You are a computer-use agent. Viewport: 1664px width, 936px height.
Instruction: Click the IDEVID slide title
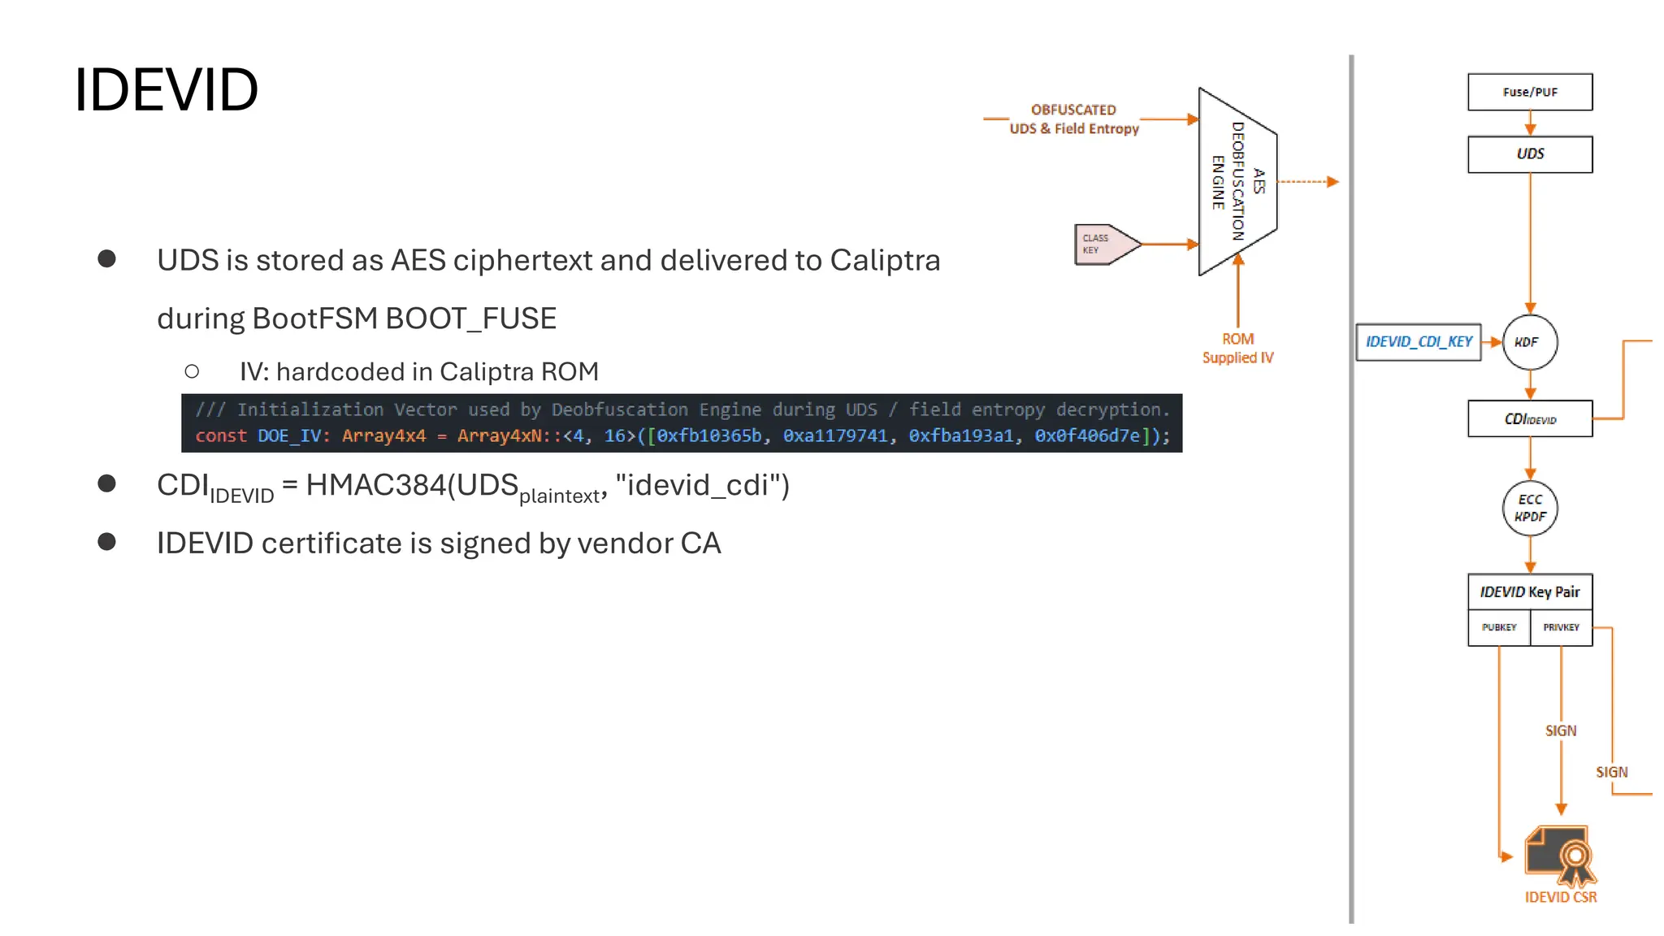(166, 89)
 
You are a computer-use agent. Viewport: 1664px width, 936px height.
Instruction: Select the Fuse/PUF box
(1529, 92)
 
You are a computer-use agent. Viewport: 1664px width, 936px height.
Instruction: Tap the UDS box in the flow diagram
(1529, 154)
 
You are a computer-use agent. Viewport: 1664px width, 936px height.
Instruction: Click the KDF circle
(1529, 342)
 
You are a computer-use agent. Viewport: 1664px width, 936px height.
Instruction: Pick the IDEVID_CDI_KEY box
(1418, 342)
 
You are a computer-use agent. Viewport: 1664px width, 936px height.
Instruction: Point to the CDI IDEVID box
(1529, 419)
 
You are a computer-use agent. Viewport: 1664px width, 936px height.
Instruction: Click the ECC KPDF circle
(1529, 508)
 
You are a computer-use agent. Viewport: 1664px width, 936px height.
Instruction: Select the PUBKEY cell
(1498, 627)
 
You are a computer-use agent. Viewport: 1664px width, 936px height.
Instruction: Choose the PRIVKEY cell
(1561, 627)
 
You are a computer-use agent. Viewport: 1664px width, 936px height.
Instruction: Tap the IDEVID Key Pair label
(1529, 591)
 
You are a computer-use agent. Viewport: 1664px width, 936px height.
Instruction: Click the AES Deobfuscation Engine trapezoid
(1237, 181)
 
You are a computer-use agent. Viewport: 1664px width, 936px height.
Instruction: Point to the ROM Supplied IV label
(1237, 349)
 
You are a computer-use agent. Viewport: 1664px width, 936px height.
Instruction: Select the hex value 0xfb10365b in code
(708, 436)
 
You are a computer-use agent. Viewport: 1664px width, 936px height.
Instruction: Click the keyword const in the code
(220, 436)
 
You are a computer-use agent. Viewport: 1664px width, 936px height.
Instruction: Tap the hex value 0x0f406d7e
(1086, 436)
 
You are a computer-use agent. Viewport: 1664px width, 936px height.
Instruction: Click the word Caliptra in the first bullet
(884, 261)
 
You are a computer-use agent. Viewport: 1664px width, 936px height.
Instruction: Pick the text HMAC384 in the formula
(375, 485)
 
